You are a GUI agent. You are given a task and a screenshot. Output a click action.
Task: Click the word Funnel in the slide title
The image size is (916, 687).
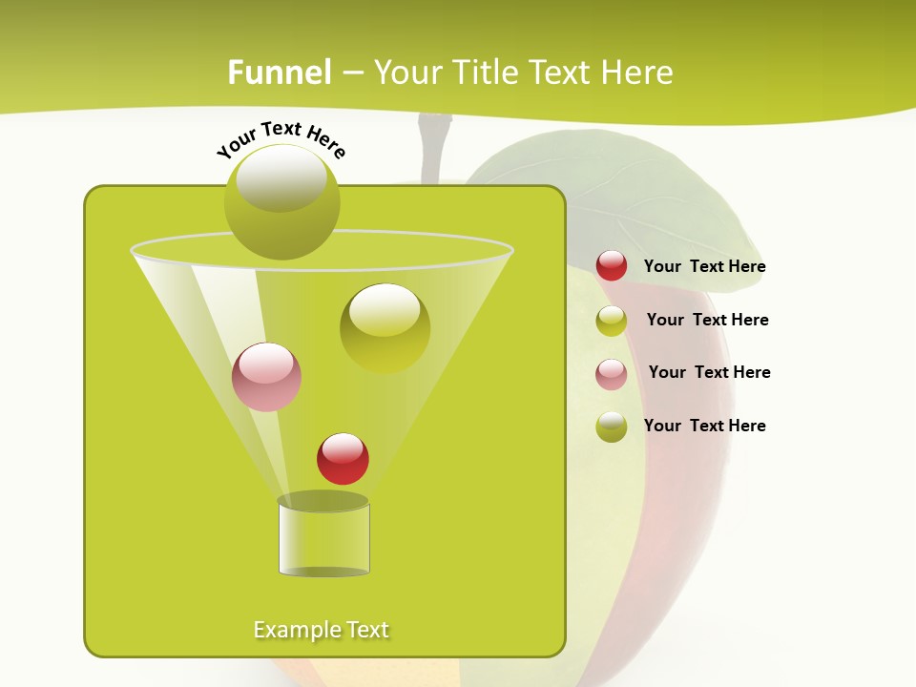(x=280, y=73)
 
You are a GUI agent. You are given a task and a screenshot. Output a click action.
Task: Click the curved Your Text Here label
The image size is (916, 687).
(x=281, y=137)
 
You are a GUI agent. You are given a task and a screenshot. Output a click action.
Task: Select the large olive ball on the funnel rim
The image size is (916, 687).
(x=281, y=201)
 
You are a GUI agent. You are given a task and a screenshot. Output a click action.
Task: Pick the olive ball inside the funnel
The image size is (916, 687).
(x=385, y=327)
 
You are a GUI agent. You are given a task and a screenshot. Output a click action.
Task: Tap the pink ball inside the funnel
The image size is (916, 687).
(x=266, y=377)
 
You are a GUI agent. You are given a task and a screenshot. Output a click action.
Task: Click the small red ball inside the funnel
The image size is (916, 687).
(x=343, y=459)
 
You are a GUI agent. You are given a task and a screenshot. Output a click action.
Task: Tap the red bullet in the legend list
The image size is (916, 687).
(x=612, y=266)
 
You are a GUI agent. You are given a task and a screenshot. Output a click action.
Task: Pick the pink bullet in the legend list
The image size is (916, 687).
(x=612, y=374)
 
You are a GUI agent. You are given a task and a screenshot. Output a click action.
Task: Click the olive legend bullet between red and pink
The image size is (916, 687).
(x=612, y=321)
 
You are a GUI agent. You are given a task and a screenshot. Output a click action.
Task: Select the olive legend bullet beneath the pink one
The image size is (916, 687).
(x=612, y=427)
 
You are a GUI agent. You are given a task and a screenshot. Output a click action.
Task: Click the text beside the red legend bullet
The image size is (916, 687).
(x=704, y=267)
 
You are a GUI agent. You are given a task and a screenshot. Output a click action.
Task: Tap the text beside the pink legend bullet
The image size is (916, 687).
(x=709, y=373)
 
